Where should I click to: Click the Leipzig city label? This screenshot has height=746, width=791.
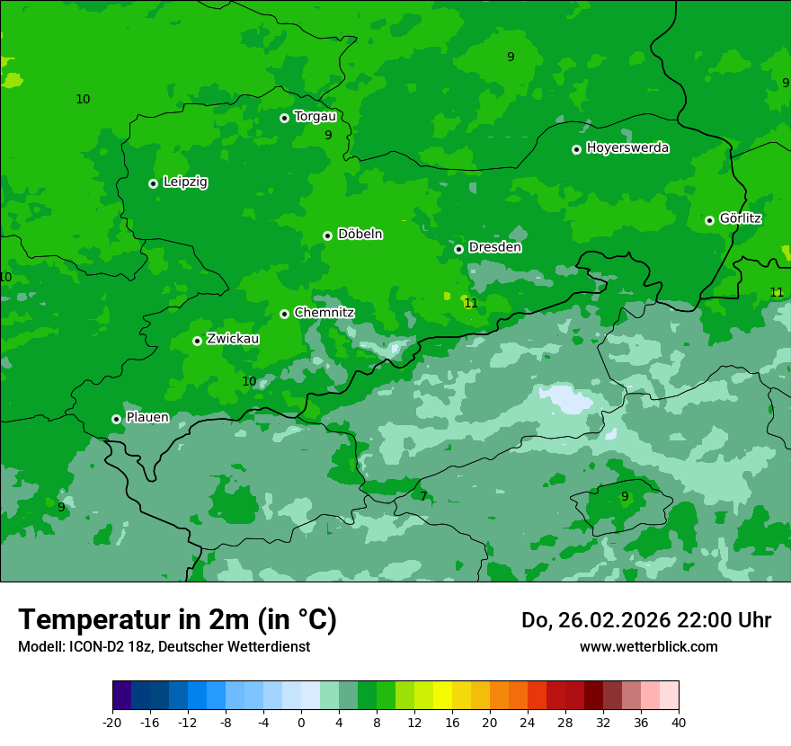pos(185,182)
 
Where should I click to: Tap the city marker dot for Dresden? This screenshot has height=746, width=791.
pos(458,249)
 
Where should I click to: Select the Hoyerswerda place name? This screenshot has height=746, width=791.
pos(627,148)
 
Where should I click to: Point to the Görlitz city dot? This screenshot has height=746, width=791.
pos(709,220)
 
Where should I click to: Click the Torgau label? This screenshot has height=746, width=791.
pos(315,117)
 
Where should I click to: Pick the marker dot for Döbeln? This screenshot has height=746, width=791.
pos(327,235)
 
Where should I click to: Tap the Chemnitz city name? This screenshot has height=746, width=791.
pos(324,313)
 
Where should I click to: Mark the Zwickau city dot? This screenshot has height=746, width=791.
pos(197,341)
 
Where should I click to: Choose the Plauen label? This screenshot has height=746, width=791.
pos(147,418)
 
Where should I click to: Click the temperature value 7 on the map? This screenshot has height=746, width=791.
pos(423,496)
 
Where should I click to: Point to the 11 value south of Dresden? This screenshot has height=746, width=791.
pos(471,304)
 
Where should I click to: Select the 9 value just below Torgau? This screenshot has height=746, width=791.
pos(328,136)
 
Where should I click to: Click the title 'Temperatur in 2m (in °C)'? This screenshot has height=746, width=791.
pos(177,620)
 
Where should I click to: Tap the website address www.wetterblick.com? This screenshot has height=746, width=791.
pos(648,647)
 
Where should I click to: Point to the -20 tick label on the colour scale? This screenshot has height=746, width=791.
pos(112,723)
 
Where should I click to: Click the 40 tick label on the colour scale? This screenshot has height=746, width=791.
pos(679,723)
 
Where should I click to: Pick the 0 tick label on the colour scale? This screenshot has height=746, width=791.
pos(301,723)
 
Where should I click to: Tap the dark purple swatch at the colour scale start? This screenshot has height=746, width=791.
pos(121,696)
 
